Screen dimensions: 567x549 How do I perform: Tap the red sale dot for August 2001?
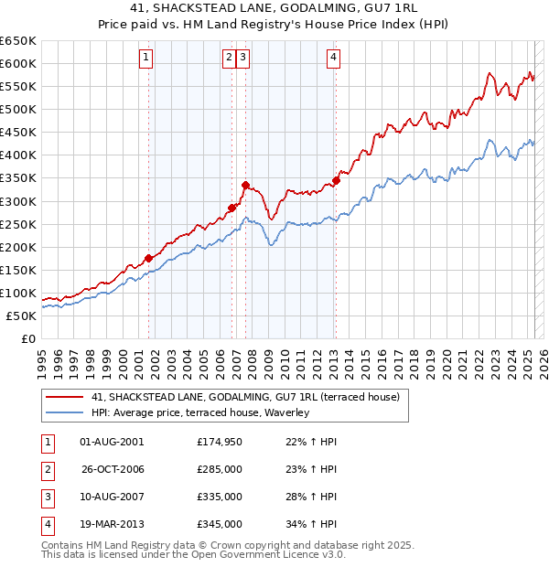pyautogui.click(x=148, y=258)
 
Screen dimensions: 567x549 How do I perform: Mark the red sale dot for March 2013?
pyautogui.click(x=336, y=180)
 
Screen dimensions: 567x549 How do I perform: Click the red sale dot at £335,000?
pyautogui.click(x=245, y=185)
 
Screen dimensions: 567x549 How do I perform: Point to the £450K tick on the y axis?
pyautogui.click(x=20, y=133)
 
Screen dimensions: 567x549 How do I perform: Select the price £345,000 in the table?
pyautogui.click(x=220, y=524)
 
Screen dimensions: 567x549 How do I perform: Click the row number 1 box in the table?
pyautogui.click(x=47, y=442)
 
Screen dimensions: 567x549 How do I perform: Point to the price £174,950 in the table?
pyautogui.click(x=220, y=442)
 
